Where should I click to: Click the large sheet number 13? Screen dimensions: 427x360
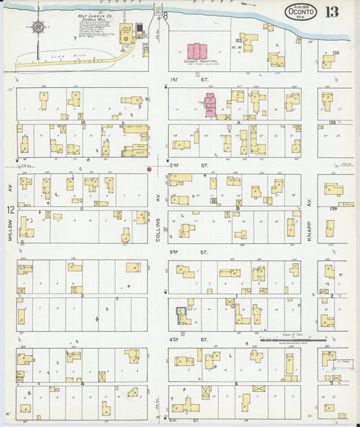[x=332, y=12]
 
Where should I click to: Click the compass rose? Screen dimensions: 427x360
[x=38, y=27]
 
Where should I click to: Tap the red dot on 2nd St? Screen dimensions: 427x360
[x=149, y=169]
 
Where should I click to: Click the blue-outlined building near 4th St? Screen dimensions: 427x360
[x=182, y=314]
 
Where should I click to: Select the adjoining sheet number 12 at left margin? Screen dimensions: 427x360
[x=11, y=210]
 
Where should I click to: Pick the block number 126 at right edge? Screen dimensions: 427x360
[x=332, y=122]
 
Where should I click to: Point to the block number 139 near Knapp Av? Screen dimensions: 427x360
[x=333, y=208]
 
